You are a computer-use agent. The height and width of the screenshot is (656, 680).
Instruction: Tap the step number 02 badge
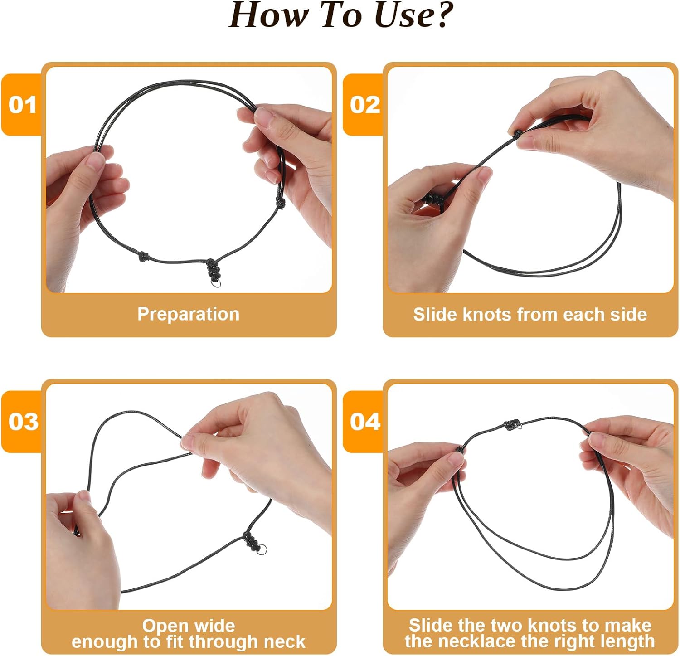click(364, 105)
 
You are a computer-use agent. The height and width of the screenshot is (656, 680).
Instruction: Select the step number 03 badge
click(23, 422)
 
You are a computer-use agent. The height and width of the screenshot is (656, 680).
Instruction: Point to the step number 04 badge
click(364, 422)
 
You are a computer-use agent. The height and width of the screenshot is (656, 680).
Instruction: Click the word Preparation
click(188, 314)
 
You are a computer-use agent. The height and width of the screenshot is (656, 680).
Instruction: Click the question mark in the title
click(440, 15)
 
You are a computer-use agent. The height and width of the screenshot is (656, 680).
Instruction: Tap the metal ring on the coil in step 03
click(262, 550)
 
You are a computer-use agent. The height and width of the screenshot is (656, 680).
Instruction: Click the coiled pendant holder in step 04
click(510, 425)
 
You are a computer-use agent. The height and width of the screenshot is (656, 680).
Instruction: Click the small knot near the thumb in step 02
click(518, 133)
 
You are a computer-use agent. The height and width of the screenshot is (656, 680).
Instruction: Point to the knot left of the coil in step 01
click(144, 257)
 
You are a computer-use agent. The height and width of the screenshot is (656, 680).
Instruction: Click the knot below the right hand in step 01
click(281, 203)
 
